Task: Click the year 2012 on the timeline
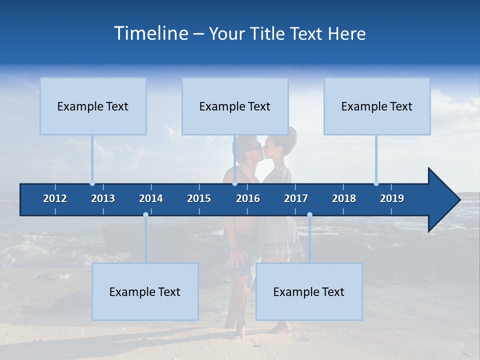click(55, 198)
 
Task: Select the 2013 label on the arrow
click(103, 198)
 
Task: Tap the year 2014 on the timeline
click(151, 198)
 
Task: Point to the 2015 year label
click(199, 198)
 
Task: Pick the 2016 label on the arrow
click(248, 198)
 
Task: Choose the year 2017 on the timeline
click(296, 198)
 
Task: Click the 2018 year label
click(344, 198)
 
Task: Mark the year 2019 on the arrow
click(392, 198)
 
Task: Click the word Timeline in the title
click(150, 33)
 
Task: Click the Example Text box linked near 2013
click(93, 106)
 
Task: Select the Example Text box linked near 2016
click(235, 106)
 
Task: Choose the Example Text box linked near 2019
click(377, 106)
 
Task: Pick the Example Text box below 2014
click(145, 291)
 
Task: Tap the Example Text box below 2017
click(309, 291)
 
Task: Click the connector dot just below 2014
click(145, 214)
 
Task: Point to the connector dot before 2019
click(376, 183)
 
